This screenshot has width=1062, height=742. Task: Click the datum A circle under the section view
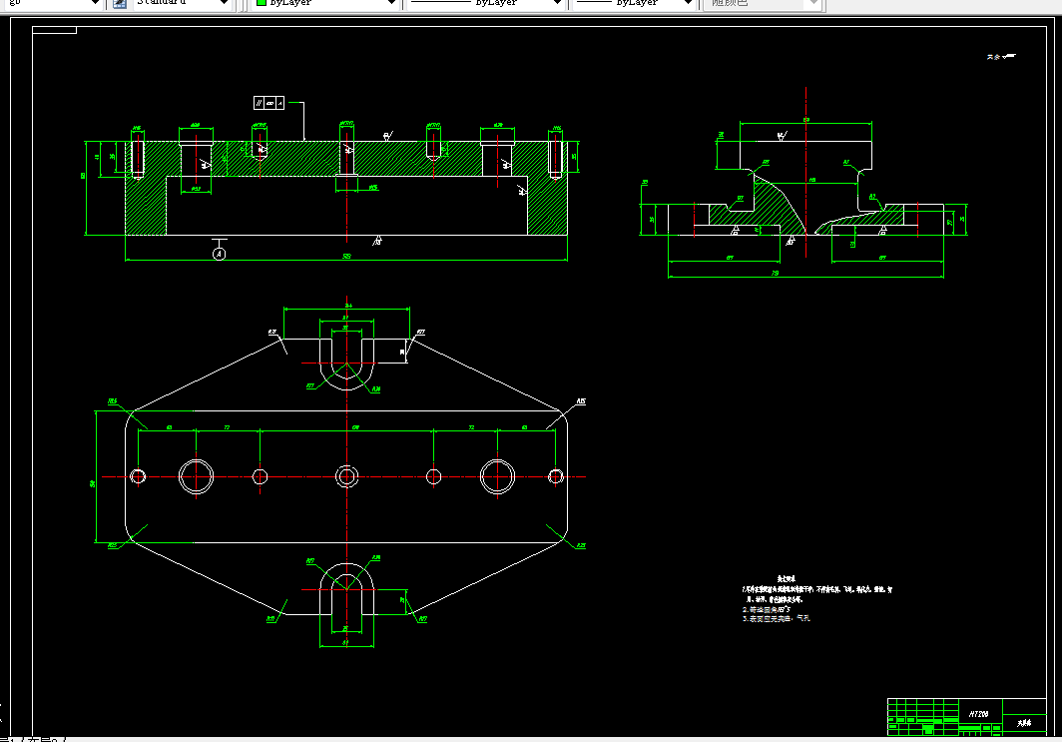pyautogui.click(x=220, y=254)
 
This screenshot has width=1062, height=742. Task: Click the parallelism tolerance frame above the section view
pyautogui.click(x=269, y=103)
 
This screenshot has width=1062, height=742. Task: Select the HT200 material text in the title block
pyautogui.click(x=978, y=714)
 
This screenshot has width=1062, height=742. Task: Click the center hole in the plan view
pyautogui.click(x=346, y=476)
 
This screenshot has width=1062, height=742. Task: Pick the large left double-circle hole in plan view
pyautogui.click(x=197, y=476)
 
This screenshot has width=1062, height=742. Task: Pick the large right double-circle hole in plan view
pyautogui.click(x=497, y=476)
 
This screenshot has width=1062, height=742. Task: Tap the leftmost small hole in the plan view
pyautogui.click(x=139, y=476)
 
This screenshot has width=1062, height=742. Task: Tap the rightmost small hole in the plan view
pyautogui.click(x=555, y=476)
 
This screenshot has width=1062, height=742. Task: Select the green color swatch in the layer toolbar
pyautogui.click(x=262, y=4)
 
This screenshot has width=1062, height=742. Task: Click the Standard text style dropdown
pyautogui.click(x=180, y=4)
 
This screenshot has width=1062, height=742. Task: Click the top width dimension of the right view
pyautogui.click(x=806, y=120)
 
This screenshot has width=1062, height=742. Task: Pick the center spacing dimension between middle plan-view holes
pyautogui.click(x=356, y=427)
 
